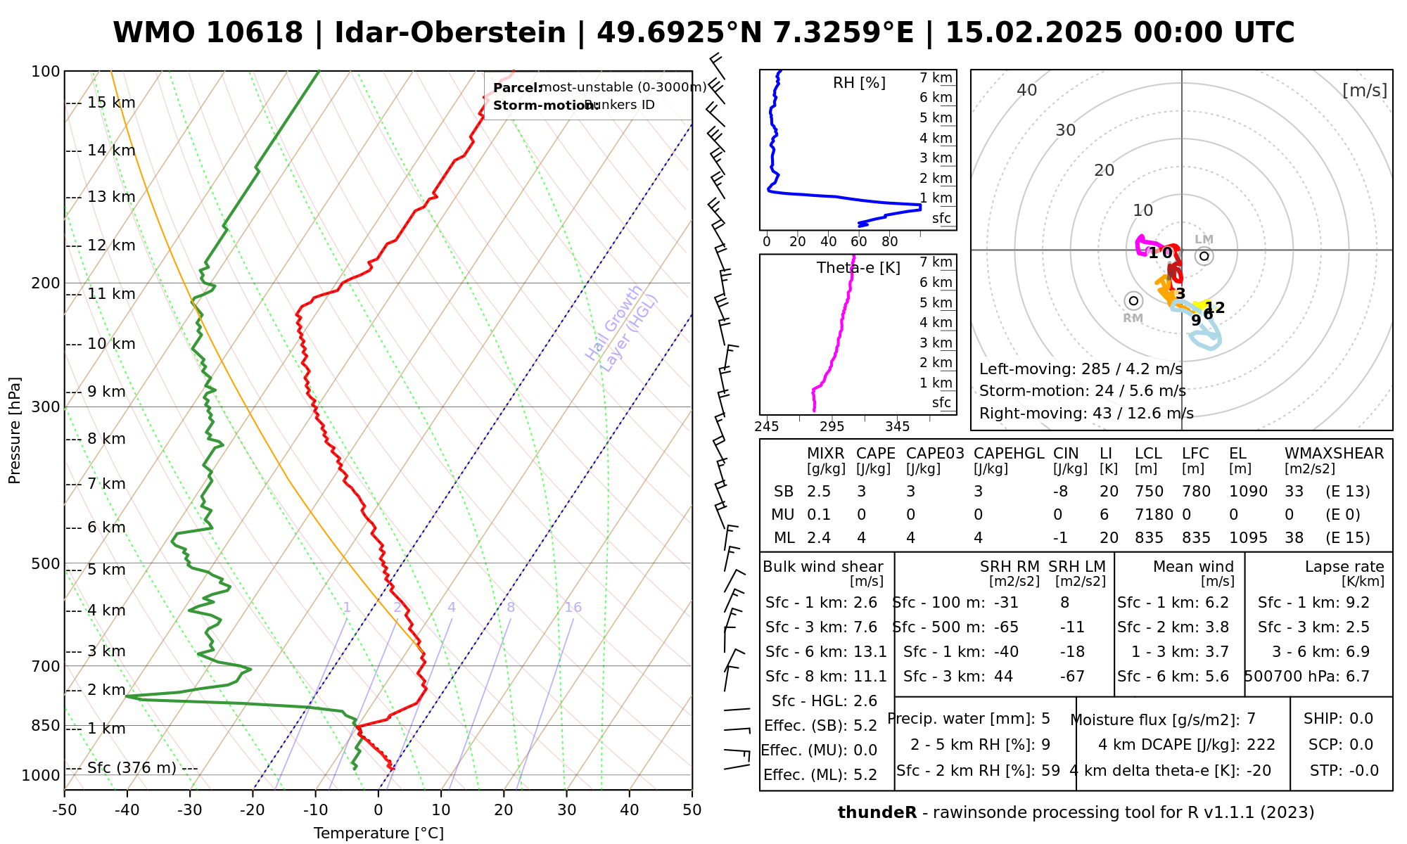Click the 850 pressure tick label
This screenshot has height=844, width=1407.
(x=46, y=726)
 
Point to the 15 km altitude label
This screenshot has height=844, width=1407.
(x=111, y=103)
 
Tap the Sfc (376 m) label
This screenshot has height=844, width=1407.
(x=132, y=767)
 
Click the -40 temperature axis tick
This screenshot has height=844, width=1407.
(x=127, y=810)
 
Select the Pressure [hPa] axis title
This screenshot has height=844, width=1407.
(x=15, y=430)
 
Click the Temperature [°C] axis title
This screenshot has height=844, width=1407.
(x=378, y=833)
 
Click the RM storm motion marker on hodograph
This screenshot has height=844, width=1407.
(x=1133, y=301)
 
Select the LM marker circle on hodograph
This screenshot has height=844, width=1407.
(x=1204, y=256)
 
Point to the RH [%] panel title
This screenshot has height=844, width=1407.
(x=859, y=83)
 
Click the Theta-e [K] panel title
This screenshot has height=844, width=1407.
(x=858, y=268)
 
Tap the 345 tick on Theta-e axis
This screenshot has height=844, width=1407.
(x=897, y=427)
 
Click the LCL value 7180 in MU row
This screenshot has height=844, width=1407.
(x=1154, y=515)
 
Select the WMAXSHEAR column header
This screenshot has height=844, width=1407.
(x=1334, y=454)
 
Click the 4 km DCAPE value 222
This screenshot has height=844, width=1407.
(x=1261, y=745)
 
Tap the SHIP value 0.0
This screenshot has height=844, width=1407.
(x=1361, y=719)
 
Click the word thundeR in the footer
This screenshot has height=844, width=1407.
(x=877, y=813)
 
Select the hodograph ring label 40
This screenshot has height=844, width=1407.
(x=1027, y=90)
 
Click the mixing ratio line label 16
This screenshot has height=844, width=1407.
(x=573, y=608)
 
